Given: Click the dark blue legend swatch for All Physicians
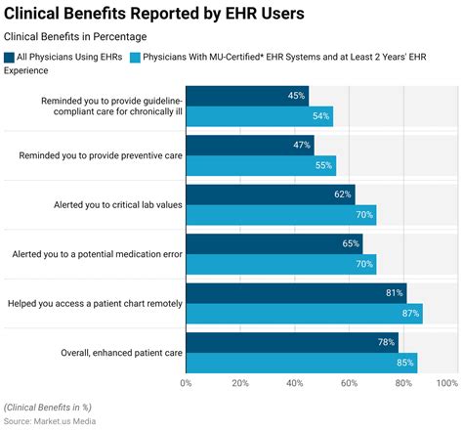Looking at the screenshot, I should coord(10,59).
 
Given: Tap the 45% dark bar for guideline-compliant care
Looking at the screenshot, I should coord(247,96).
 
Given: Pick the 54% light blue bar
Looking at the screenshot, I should coord(259,116).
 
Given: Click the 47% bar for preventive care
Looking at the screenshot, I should coord(250,145).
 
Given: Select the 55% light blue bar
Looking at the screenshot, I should coord(261,165).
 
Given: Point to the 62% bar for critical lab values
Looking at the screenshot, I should coord(271,194).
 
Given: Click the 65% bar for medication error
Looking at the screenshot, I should coord(274,243).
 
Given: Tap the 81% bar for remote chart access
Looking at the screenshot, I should coord(296,292).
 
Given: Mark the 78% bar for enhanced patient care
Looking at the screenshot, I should coord(292,342).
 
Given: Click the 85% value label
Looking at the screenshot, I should coord(403,363).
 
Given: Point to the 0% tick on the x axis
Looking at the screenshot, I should coord(186,383).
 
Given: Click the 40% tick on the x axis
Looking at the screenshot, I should coord(294,383).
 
